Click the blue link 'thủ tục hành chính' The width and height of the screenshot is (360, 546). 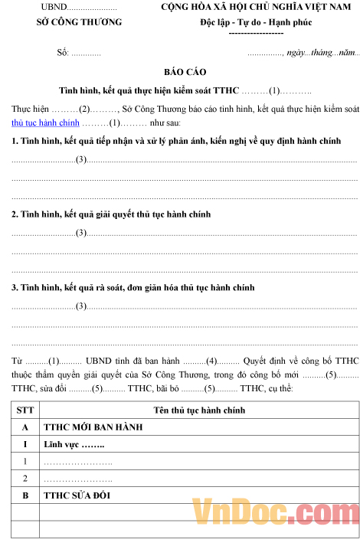pyautogui.click(x=45, y=123)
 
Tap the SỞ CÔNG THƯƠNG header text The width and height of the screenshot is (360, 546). pyautogui.click(x=79, y=22)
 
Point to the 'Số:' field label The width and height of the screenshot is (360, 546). pyautogui.click(x=63, y=53)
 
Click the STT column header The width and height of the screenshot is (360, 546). pyautogui.click(x=26, y=410)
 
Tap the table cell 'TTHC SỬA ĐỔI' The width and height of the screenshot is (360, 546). pyautogui.click(x=77, y=495)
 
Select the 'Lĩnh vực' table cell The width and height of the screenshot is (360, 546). pyautogui.click(x=74, y=444)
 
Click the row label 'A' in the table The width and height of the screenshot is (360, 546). pyautogui.click(x=26, y=427)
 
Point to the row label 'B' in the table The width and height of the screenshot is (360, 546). pyautogui.click(x=26, y=495)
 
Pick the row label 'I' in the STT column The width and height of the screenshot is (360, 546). pyautogui.click(x=26, y=444)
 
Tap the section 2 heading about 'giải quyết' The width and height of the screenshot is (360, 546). pyautogui.click(x=111, y=214)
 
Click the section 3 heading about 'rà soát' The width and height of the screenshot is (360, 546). pyautogui.click(x=133, y=287)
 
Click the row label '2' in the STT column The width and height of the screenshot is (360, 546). pyautogui.click(x=26, y=478)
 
